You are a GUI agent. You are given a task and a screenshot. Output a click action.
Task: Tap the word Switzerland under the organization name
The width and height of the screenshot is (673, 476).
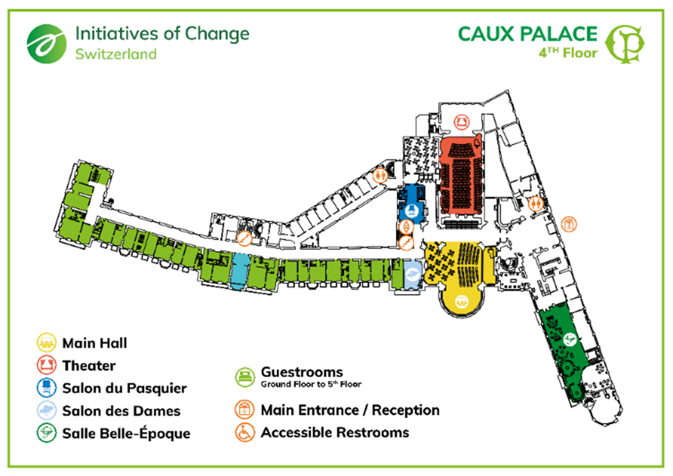click(x=115, y=53)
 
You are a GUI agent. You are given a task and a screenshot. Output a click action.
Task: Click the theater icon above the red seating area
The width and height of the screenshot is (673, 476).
click(x=461, y=122)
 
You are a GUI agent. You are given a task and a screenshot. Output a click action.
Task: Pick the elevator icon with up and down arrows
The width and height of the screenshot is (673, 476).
click(x=406, y=227)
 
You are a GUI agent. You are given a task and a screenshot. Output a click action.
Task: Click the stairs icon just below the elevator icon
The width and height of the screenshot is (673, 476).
click(x=406, y=243)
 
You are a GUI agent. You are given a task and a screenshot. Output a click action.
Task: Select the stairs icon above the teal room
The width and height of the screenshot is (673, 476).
click(x=245, y=238)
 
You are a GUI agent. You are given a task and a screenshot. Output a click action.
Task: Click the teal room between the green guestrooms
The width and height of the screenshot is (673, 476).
click(x=239, y=270)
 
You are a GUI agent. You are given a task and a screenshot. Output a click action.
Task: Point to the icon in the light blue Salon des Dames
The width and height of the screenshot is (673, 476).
click(x=412, y=275)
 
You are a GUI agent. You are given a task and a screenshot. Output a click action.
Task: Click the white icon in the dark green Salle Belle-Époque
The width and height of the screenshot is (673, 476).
click(x=570, y=338)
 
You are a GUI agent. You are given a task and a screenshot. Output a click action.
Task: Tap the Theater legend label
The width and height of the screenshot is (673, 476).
click(x=88, y=366)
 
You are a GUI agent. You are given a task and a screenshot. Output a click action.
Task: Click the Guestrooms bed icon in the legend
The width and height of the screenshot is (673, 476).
click(x=244, y=374)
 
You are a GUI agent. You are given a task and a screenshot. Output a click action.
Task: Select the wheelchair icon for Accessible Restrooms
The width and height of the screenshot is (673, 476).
click(x=244, y=432)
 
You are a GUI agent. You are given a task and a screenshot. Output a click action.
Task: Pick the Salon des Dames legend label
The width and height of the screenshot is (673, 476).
click(x=121, y=411)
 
